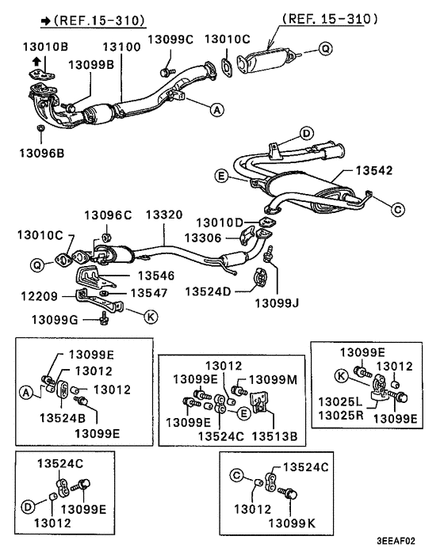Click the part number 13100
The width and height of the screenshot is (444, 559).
tap(122, 47)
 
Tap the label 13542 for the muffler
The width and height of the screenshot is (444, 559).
tap(374, 170)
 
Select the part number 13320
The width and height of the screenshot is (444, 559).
tap(164, 215)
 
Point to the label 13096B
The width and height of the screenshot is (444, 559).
tap(42, 154)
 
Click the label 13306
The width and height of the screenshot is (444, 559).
tap(203, 238)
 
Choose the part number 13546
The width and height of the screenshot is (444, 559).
tap(156, 276)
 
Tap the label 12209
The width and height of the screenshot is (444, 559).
tap(40, 296)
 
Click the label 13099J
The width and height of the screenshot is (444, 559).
tap(277, 303)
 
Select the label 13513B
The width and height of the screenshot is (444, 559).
tap(275, 436)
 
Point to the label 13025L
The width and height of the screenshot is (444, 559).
tap(340, 401)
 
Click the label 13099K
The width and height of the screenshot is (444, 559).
tap(292, 523)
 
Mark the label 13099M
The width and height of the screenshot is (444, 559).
tap(273, 380)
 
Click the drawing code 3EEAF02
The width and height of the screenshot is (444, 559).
tap(396, 541)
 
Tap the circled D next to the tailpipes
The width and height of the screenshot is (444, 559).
tap(306, 134)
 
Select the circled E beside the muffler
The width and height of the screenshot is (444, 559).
tap(222, 176)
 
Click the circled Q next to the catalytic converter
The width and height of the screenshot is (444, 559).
tap(325, 48)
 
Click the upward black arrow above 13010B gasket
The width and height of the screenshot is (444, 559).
tap(36, 61)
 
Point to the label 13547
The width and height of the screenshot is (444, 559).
tap(149, 293)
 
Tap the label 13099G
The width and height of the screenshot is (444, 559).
tap(55, 320)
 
